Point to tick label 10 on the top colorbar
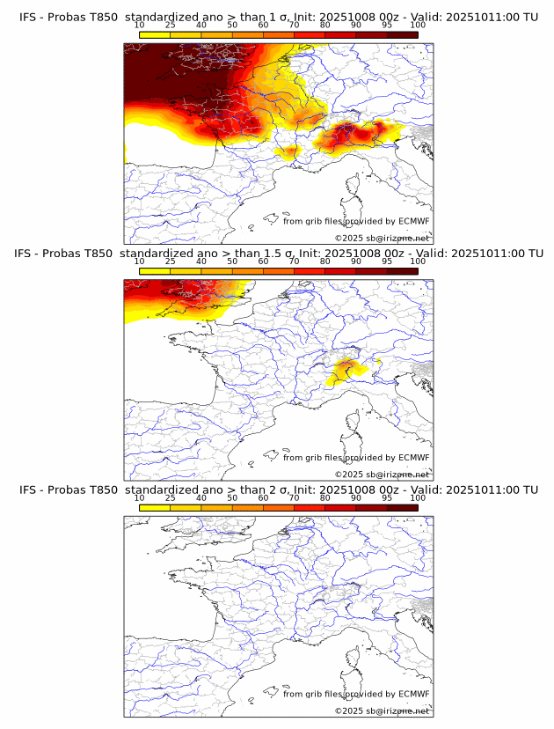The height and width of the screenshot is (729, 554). point(140,26)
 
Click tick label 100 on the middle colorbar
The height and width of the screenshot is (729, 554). point(418,261)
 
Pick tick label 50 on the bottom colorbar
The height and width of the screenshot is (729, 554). point(232,497)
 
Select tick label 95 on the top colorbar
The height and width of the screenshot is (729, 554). point(387,26)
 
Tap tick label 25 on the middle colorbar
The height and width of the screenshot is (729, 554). point(171,261)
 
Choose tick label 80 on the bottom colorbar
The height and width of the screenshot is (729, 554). point(325,497)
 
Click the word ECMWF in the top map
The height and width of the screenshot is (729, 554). point(413,221)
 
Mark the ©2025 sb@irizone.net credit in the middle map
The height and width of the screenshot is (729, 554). point(383,475)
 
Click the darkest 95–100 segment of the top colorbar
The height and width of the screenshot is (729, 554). point(402,34)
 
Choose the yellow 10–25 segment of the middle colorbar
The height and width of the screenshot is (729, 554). point(155,270)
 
